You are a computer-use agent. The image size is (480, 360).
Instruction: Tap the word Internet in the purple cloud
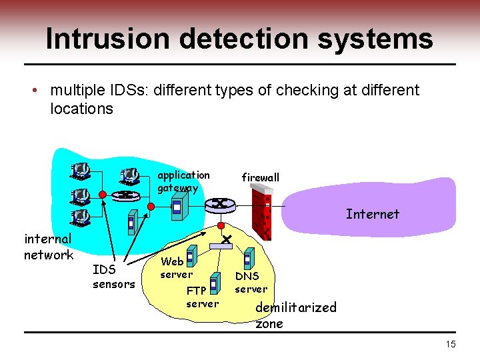pos(372,214)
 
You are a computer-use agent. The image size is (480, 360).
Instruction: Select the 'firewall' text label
pos(260,177)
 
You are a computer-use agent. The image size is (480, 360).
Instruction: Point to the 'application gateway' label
pos(183,181)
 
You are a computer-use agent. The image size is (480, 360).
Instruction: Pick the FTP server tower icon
pos(214,285)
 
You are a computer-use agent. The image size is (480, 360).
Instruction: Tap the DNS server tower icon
pos(249,258)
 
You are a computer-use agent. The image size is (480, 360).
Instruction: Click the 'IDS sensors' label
pos(113,277)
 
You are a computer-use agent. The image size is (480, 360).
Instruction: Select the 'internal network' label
pos(48,247)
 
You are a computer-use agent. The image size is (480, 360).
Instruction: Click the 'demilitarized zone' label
pos(295,315)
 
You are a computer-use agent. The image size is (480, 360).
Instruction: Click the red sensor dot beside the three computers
pos(102,195)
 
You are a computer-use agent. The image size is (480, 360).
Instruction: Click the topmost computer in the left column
pos(79,171)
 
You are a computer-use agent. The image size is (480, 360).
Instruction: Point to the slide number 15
pos(451,344)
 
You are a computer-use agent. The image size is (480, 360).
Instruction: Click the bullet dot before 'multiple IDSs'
pos(41,90)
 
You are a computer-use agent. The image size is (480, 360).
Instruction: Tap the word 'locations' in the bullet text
pos(81,109)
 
